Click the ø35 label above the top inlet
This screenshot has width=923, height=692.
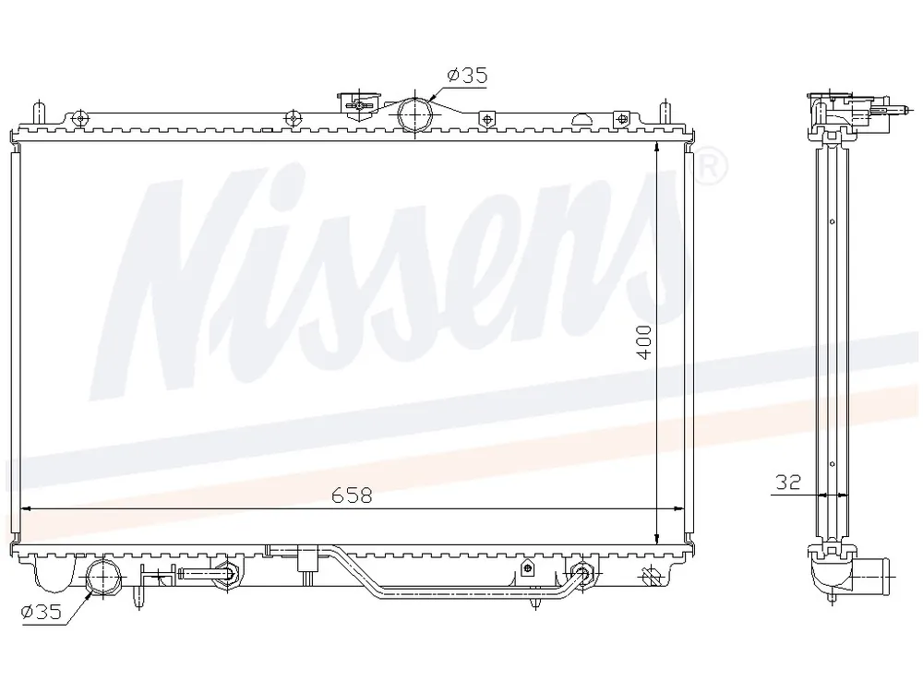pos(467,76)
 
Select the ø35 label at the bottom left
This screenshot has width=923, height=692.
pos(42,613)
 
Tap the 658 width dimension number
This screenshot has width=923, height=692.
pos(352,495)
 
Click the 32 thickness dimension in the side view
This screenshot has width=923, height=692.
pos(788,483)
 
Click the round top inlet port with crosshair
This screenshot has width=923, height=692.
pos(415,114)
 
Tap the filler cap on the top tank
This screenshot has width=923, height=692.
pos(358,105)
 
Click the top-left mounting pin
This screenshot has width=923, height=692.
pos(39,113)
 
